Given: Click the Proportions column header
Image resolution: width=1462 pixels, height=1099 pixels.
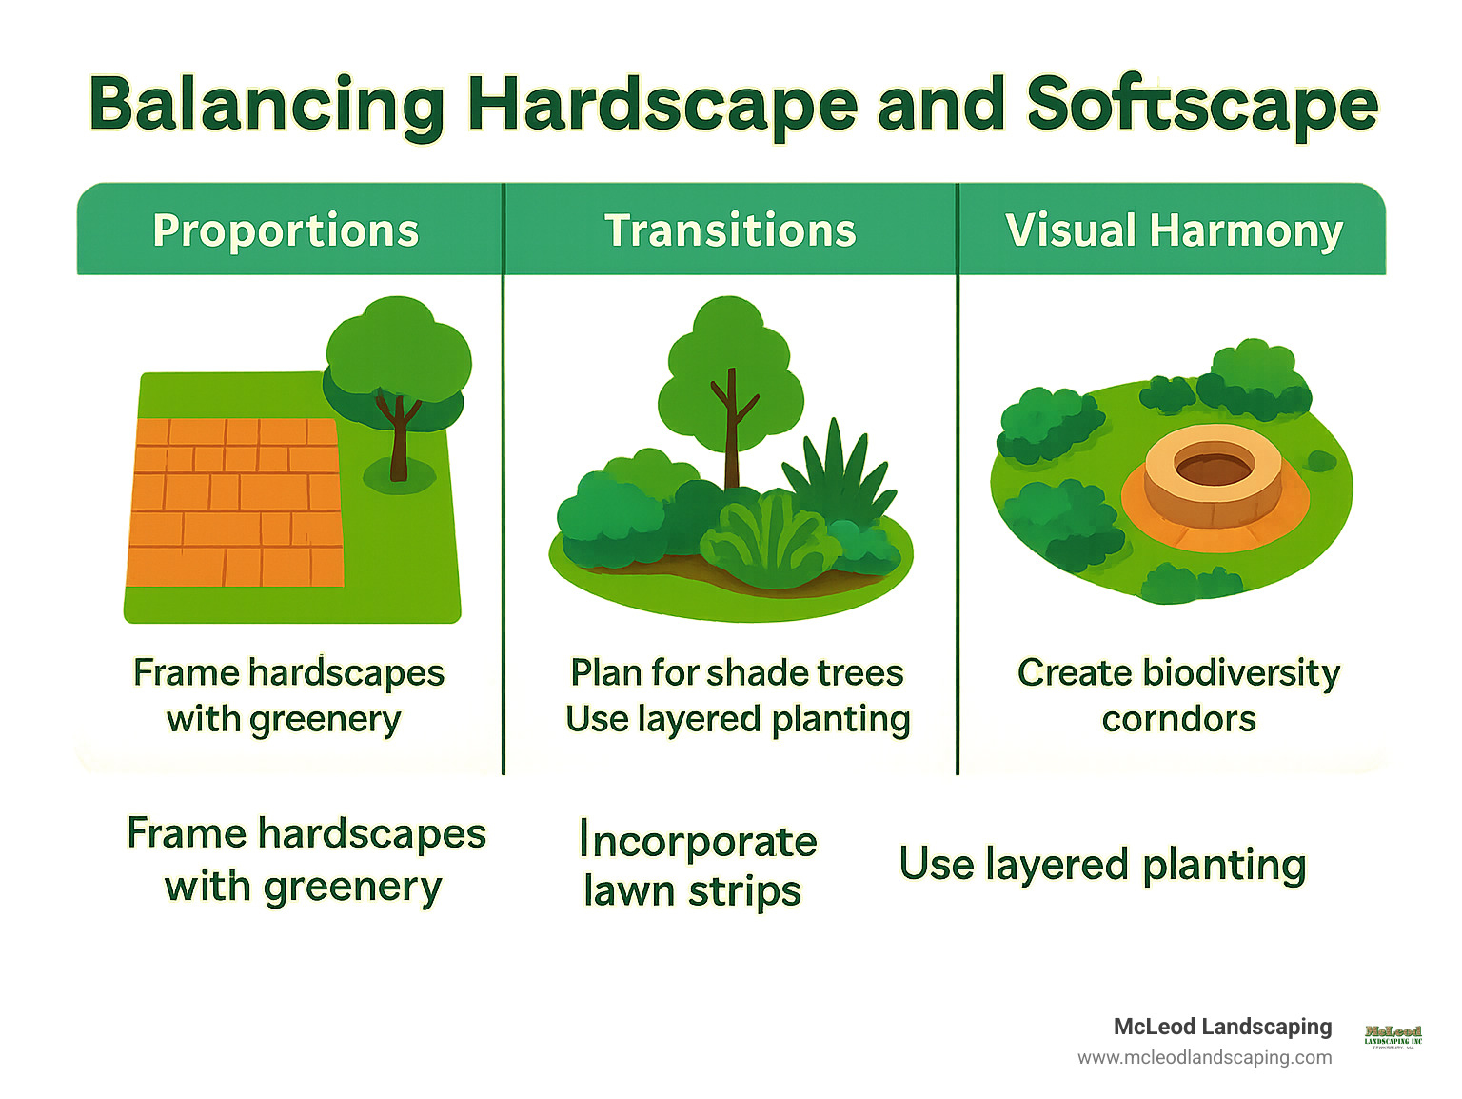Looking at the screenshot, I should (286, 230).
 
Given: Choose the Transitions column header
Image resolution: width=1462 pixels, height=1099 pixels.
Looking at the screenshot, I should (730, 230).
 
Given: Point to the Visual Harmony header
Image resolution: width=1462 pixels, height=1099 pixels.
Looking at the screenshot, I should (1174, 230).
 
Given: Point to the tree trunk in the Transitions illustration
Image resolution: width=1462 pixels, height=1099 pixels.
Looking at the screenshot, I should (731, 429).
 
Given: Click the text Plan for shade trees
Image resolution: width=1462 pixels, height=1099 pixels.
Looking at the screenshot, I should (737, 672).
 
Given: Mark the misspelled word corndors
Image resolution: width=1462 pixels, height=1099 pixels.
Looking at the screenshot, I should (1178, 719).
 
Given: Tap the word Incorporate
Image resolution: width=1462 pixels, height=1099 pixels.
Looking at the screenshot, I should (698, 841).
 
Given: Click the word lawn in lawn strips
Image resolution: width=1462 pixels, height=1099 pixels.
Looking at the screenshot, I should (630, 891).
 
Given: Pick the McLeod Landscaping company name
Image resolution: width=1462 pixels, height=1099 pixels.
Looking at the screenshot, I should (1222, 1026).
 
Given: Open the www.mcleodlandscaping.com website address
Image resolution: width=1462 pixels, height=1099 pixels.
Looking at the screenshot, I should (1204, 1057).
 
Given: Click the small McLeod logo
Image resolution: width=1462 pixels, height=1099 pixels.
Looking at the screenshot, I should (1393, 1035).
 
